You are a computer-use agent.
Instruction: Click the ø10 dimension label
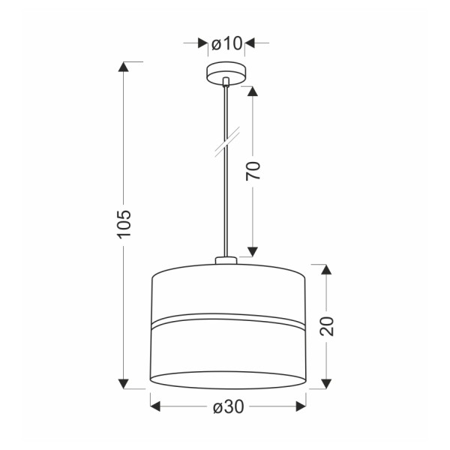click(x=226, y=43)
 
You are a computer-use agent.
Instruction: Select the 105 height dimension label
click(x=124, y=224)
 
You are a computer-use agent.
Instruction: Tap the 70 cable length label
click(x=253, y=171)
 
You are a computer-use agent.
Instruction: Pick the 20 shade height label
click(x=327, y=326)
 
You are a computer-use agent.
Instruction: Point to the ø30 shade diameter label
click(x=229, y=406)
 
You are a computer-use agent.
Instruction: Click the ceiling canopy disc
click(x=226, y=73)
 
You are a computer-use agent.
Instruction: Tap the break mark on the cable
click(x=227, y=142)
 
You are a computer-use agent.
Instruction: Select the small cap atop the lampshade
click(x=226, y=260)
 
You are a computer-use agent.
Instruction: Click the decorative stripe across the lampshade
click(x=228, y=320)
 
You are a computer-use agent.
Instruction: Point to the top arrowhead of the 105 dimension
click(x=124, y=67)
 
